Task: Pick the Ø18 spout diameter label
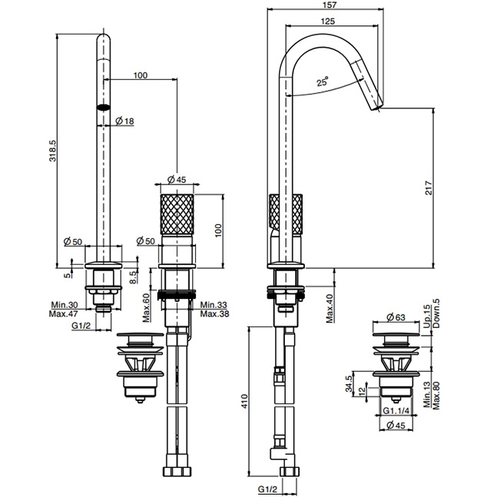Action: click(124, 121)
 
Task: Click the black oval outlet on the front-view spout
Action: click(103, 108)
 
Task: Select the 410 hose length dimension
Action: click(244, 401)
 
